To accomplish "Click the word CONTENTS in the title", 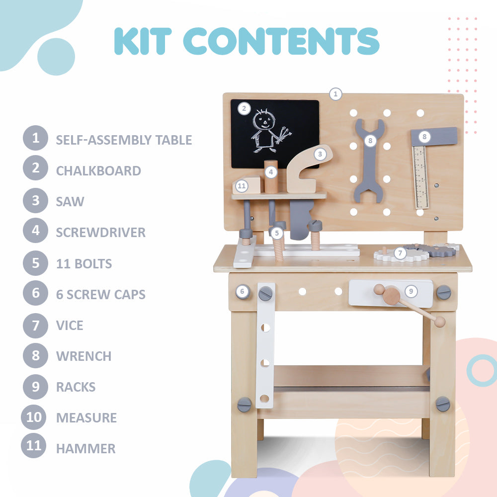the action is [x=281, y=41].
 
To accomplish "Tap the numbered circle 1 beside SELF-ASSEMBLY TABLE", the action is [x=35, y=138].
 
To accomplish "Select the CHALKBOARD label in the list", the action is [x=98, y=171].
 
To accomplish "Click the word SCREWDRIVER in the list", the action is [x=101, y=233].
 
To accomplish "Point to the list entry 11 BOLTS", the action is [x=84, y=264].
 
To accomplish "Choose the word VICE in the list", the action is [x=70, y=326].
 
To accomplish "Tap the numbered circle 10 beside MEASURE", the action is [x=34, y=417].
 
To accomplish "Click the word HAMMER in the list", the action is [x=86, y=449].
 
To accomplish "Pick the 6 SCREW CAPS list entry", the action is [x=101, y=294].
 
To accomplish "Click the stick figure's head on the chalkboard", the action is [x=264, y=120].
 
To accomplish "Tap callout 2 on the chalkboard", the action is [x=244, y=109].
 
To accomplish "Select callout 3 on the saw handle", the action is [x=320, y=155].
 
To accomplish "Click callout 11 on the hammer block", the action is [x=242, y=186].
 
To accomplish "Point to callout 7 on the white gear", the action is [x=400, y=253].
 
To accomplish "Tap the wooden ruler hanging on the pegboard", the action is [x=420, y=177].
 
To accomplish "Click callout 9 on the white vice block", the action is [x=411, y=291].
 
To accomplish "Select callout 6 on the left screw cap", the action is [x=242, y=291].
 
